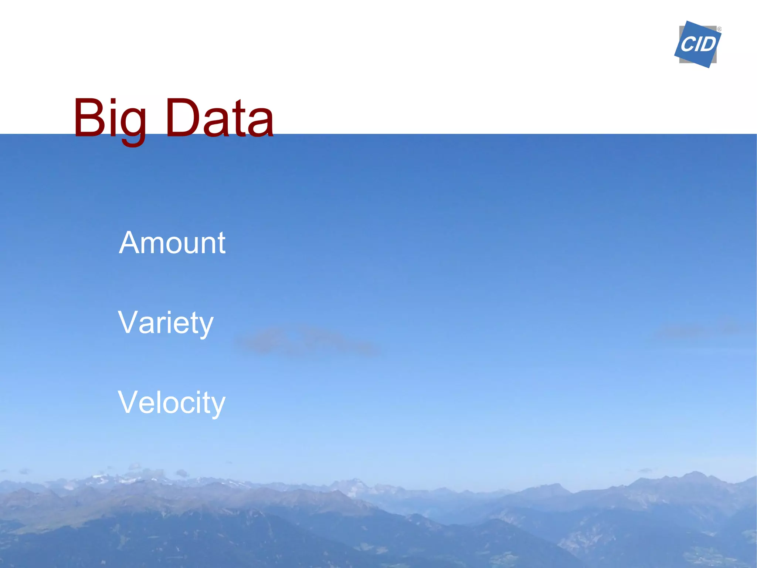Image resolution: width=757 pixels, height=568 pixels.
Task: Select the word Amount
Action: pos(172,243)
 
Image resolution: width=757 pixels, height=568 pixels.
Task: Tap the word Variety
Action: pos(166,323)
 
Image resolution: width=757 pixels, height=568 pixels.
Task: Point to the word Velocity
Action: pos(172,402)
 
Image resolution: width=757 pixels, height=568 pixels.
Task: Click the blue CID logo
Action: pos(697,44)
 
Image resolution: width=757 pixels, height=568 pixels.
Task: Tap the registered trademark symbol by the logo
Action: pos(719,29)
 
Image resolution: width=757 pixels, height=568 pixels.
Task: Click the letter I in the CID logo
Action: pos(697,44)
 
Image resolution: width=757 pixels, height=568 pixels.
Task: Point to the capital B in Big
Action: pos(88,118)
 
